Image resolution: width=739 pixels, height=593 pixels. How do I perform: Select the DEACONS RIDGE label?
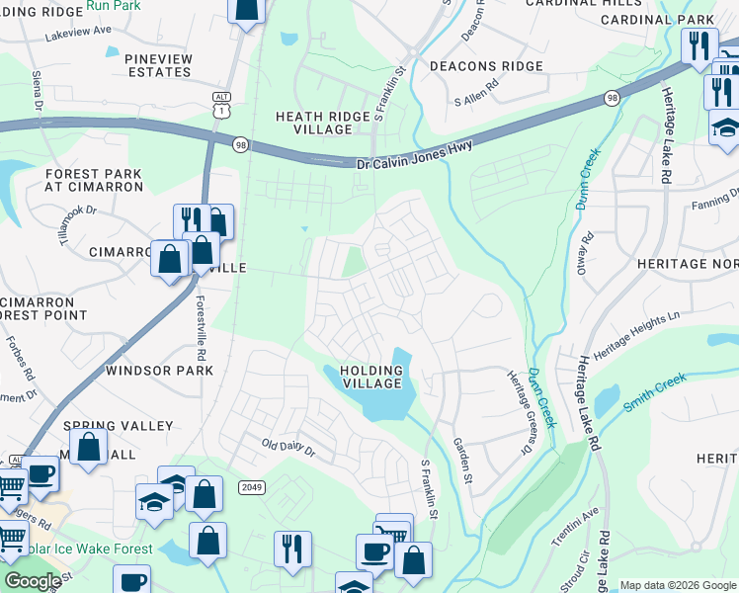[x=486, y=66]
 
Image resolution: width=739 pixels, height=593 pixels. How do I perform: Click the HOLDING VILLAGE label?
[x=371, y=378]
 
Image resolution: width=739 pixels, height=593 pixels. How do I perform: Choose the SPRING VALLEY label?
[x=119, y=426]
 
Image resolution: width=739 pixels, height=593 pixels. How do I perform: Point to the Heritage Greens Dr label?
[x=519, y=413]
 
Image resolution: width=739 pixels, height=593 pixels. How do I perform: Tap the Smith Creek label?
[x=654, y=392]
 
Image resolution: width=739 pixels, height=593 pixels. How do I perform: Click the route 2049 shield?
[x=250, y=486]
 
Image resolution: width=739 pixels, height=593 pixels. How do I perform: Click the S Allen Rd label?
[x=477, y=100]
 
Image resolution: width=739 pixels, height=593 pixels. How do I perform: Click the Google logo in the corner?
[x=34, y=581]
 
